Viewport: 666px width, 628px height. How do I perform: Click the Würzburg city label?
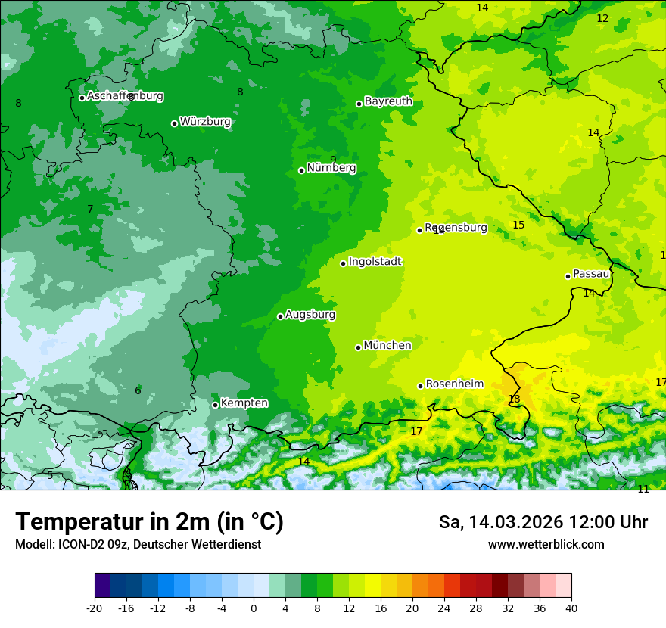(205, 122)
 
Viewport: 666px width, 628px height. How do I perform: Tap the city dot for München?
(359, 347)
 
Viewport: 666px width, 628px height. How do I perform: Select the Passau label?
(591, 274)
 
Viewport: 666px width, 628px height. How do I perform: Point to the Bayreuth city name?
(388, 101)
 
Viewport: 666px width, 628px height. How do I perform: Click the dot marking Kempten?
(215, 405)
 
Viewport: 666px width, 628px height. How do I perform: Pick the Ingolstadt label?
(375, 262)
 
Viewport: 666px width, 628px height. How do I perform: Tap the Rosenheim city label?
(454, 384)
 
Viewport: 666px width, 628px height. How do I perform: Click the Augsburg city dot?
(280, 316)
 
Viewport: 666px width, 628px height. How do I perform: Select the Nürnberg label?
(331, 168)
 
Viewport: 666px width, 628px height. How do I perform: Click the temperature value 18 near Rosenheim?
(515, 399)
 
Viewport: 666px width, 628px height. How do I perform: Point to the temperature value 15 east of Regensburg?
(518, 225)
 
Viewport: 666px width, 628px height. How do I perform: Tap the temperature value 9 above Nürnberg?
(333, 159)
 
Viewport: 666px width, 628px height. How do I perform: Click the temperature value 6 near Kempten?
(138, 390)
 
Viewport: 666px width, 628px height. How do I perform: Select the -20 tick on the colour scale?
(95, 608)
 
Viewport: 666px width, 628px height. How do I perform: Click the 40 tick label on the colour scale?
(571, 608)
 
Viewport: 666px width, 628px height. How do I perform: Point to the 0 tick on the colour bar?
(254, 608)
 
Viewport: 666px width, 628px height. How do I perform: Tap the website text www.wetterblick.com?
(546, 545)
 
